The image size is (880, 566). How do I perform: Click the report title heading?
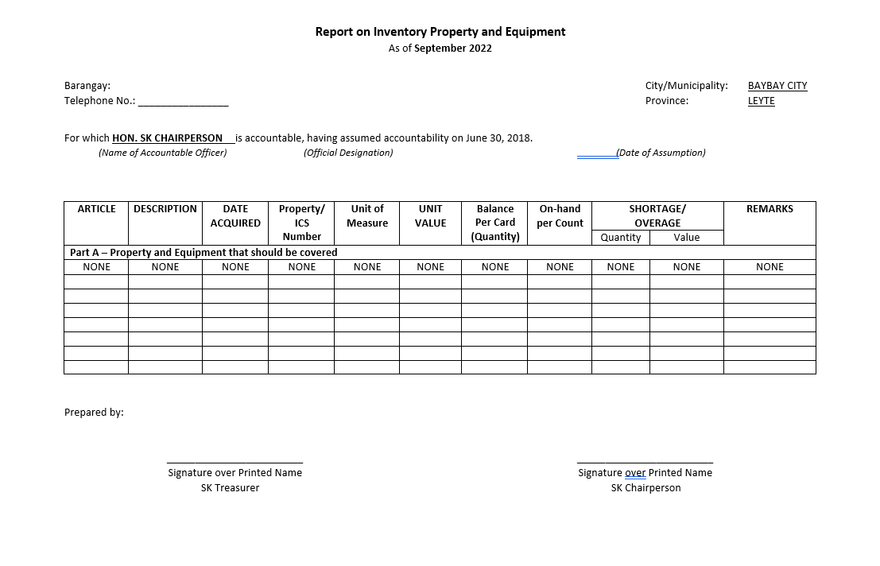[x=440, y=32]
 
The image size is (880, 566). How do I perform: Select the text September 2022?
[x=452, y=48]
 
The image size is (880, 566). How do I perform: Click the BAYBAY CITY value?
[x=777, y=86]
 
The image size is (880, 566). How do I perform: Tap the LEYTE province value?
[x=761, y=101]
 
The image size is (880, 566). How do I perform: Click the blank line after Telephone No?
[x=183, y=103]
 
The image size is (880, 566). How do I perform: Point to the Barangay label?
[x=87, y=86]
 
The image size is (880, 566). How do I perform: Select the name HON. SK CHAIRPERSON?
[x=167, y=138]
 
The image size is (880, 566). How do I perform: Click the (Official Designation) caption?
[x=348, y=153]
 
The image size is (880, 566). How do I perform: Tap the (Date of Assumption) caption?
[x=661, y=153]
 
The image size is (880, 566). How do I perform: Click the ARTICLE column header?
[x=96, y=209]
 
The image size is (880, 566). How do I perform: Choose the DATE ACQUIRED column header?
[x=235, y=216]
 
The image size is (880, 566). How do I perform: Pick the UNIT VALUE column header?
[x=430, y=216]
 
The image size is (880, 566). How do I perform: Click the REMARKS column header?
[x=770, y=209]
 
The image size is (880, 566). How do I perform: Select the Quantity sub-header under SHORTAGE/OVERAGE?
[x=621, y=238]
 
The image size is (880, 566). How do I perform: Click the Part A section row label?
[x=204, y=253]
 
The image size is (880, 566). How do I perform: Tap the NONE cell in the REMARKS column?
[x=770, y=267]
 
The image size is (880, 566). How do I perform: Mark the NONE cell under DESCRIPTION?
[x=165, y=267]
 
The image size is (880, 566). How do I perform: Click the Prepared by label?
[x=94, y=413]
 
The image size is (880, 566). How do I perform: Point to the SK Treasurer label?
[x=230, y=488]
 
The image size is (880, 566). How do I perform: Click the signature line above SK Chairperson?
[x=645, y=461]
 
